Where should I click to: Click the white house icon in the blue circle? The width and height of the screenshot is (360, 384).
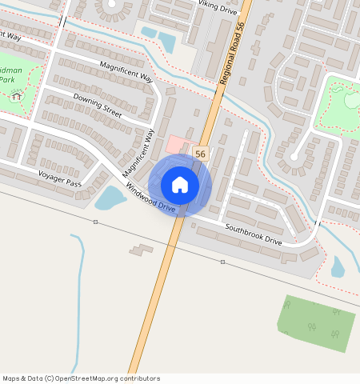coord(180,185)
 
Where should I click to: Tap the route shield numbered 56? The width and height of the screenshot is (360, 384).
coord(200,154)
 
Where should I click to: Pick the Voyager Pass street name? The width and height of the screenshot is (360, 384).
coord(60,178)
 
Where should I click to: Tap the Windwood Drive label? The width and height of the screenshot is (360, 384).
coord(150,198)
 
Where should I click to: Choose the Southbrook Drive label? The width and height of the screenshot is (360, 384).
coord(254,234)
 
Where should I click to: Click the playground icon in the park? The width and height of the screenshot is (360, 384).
coord(17,97)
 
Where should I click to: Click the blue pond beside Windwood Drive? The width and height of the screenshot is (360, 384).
coord(109,198)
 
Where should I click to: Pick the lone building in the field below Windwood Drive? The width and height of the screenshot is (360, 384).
coord(142,250)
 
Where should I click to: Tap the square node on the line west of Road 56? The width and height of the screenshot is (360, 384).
coord(95,222)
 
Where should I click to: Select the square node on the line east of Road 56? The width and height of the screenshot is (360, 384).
coord(222,262)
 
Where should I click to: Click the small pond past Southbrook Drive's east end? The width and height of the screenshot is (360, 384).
coord(338,266)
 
